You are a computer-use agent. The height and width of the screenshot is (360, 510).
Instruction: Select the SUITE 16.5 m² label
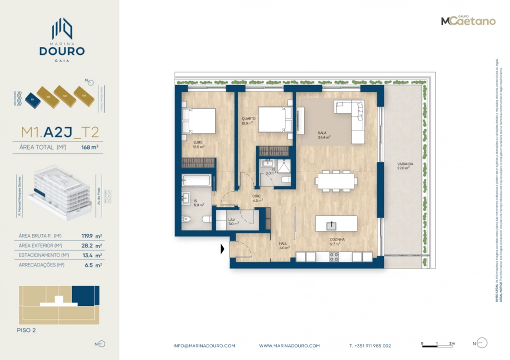click(198, 145)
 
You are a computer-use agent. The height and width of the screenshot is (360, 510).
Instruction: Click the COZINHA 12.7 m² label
click(337, 241)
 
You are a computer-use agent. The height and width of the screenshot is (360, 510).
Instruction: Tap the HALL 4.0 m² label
click(284, 245)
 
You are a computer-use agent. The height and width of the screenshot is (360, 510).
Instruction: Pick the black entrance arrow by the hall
click(222, 248)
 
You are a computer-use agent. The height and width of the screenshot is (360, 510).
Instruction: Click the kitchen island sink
click(331, 225)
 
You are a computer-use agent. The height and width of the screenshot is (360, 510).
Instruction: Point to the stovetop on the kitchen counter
click(333, 256)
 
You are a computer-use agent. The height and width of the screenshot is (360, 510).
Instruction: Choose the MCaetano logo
click(468, 20)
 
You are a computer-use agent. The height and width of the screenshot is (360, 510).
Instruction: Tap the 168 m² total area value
click(89, 147)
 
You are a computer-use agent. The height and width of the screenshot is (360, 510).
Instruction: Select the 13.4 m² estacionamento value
click(94, 255)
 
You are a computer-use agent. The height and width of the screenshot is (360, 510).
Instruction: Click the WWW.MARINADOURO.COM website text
click(289, 345)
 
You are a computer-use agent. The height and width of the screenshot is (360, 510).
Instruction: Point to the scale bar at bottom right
click(437, 344)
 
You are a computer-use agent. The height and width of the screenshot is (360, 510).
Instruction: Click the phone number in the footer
click(370, 345)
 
